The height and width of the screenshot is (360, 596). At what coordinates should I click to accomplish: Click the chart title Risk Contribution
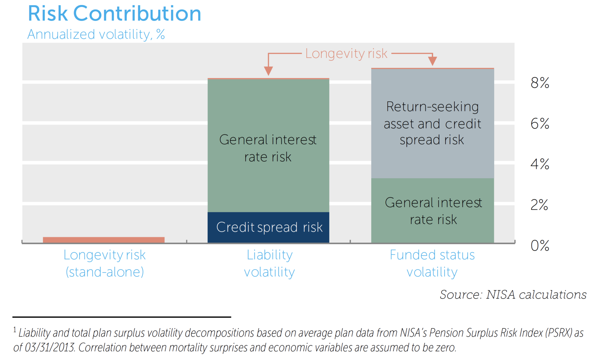pos(114,14)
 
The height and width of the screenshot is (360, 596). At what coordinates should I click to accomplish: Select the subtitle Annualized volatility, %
pos(96,34)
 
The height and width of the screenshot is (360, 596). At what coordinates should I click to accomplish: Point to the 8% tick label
pos(540,83)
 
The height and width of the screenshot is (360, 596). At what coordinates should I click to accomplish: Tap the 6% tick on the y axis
pos(540,124)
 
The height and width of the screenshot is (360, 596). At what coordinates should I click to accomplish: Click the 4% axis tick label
pos(540,164)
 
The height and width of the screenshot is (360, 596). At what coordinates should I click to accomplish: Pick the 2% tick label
pos(539,205)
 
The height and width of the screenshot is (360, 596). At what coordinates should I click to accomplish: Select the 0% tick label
pos(540,246)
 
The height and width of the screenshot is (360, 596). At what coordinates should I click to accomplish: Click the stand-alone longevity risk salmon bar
pos(104,240)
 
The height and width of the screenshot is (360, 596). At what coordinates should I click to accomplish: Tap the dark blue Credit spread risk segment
pos(268,227)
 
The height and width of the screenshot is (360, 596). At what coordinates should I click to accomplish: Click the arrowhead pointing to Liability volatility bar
pos(268,71)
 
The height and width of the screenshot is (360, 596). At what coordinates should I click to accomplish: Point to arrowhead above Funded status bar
pos(432,61)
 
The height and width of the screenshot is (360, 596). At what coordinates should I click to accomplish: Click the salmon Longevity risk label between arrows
pos(346,54)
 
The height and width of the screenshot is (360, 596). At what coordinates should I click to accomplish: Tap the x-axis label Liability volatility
pos(269,263)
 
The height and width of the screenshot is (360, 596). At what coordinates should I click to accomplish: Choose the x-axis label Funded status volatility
pos(432,263)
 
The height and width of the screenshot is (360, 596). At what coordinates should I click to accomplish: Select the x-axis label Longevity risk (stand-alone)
pos(104,263)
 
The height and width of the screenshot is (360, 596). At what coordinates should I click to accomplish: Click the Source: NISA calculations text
pos(513,295)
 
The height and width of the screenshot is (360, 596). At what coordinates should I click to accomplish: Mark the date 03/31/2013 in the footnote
pos(50,348)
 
